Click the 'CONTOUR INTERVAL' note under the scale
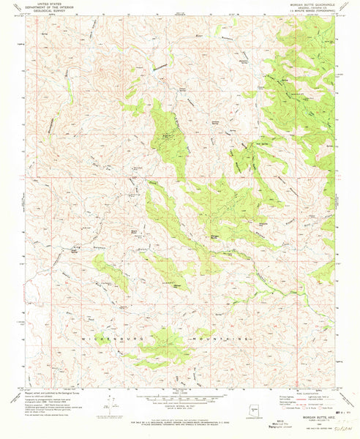[180, 400]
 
